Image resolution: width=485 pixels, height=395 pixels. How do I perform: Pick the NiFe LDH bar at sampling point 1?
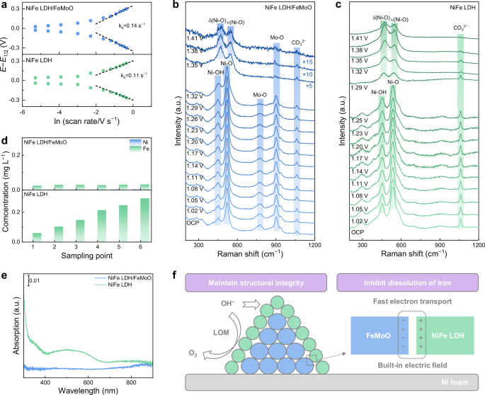(37, 237)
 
